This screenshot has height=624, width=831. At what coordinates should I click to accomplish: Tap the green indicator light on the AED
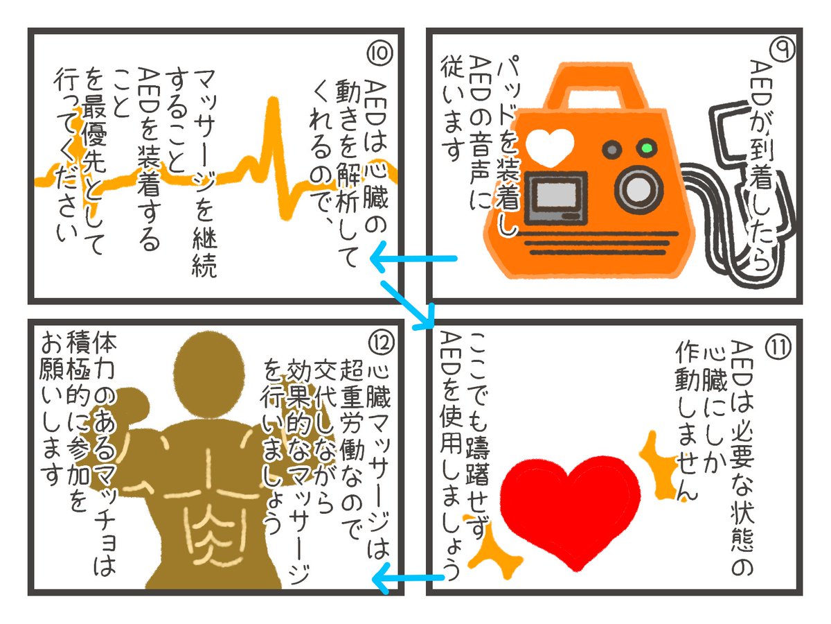pyautogui.click(x=648, y=148)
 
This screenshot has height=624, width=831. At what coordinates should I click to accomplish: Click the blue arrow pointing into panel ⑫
pyautogui.click(x=409, y=577)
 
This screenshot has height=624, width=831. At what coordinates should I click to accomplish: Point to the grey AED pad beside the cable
pyautogui.click(x=727, y=128)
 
